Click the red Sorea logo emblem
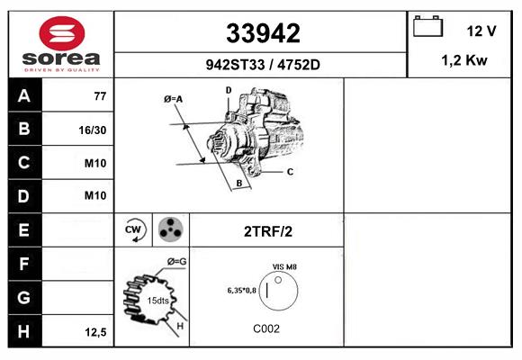click(62, 33)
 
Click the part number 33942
click(263, 33)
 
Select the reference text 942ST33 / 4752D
click(263, 65)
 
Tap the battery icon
click(427, 26)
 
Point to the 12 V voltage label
click(481, 31)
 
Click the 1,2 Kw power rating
click(464, 60)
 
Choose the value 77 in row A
click(100, 96)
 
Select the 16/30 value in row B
click(93, 130)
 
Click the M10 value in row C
click(95, 163)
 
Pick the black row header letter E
click(23, 229)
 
